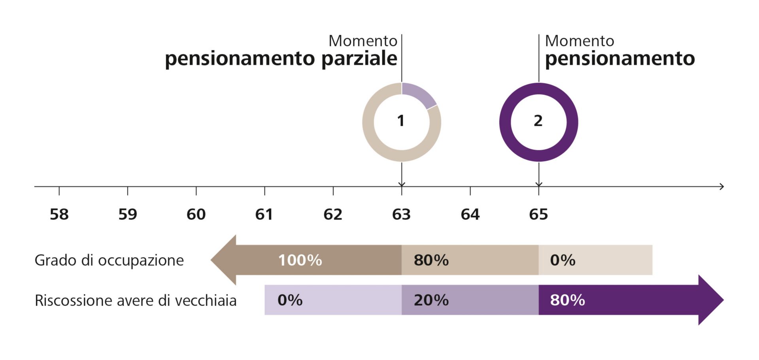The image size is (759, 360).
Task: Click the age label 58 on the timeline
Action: click(x=59, y=214)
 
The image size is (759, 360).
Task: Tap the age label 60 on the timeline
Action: click(x=196, y=214)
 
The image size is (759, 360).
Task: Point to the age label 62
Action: click(x=333, y=214)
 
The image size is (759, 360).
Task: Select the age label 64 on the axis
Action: click(x=470, y=214)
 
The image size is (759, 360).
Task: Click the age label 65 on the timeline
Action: click(x=538, y=214)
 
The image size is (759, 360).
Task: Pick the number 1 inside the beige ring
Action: click(x=401, y=121)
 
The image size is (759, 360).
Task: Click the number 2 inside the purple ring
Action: click(x=538, y=121)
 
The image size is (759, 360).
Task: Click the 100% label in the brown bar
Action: click(x=300, y=260)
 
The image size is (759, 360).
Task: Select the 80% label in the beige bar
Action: click(x=431, y=260)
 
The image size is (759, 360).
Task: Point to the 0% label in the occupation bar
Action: click(x=563, y=260)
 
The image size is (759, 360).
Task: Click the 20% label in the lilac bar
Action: click(x=431, y=300)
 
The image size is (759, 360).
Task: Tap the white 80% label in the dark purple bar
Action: click(x=567, y=300)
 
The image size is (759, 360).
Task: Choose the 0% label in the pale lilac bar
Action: click(x=290, y=300)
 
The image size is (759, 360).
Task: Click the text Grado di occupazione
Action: click(x=109, y=260)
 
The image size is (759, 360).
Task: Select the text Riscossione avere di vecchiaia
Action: click(x=136, y=300)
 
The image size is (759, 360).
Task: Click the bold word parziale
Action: click(x=359, y=58)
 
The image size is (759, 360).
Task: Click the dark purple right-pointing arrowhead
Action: click(x=710, y=300)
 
